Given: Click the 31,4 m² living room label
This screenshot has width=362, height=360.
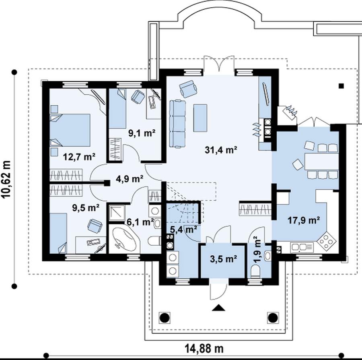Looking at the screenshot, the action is pos(221,150).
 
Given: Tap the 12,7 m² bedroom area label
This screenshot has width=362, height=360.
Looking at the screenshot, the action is pos(79,157).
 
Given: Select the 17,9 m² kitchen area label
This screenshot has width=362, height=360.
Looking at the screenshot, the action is pos(304,220).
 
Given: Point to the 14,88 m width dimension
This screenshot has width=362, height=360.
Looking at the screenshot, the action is pos(204,348).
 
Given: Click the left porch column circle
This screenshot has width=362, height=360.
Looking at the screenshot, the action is pos(165,318).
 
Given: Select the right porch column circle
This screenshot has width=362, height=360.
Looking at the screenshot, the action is pos(273,318).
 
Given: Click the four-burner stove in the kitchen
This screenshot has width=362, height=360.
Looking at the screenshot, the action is pos(327,242).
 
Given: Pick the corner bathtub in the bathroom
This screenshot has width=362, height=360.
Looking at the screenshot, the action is pos(124,239).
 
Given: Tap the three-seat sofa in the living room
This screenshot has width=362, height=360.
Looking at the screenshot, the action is pos(178,124).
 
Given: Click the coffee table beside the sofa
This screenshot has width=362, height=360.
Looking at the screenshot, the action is pos(200,118).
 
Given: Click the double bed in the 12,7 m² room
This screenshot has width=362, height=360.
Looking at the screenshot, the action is pos(70,130).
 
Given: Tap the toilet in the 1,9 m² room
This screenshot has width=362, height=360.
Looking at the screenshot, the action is pos(255,271).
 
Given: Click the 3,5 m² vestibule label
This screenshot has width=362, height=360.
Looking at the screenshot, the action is pos(224,259).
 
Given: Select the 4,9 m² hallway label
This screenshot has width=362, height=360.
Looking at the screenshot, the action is pos(130,179).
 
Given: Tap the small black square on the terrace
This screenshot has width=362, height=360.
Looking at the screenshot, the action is pos(341,86).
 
